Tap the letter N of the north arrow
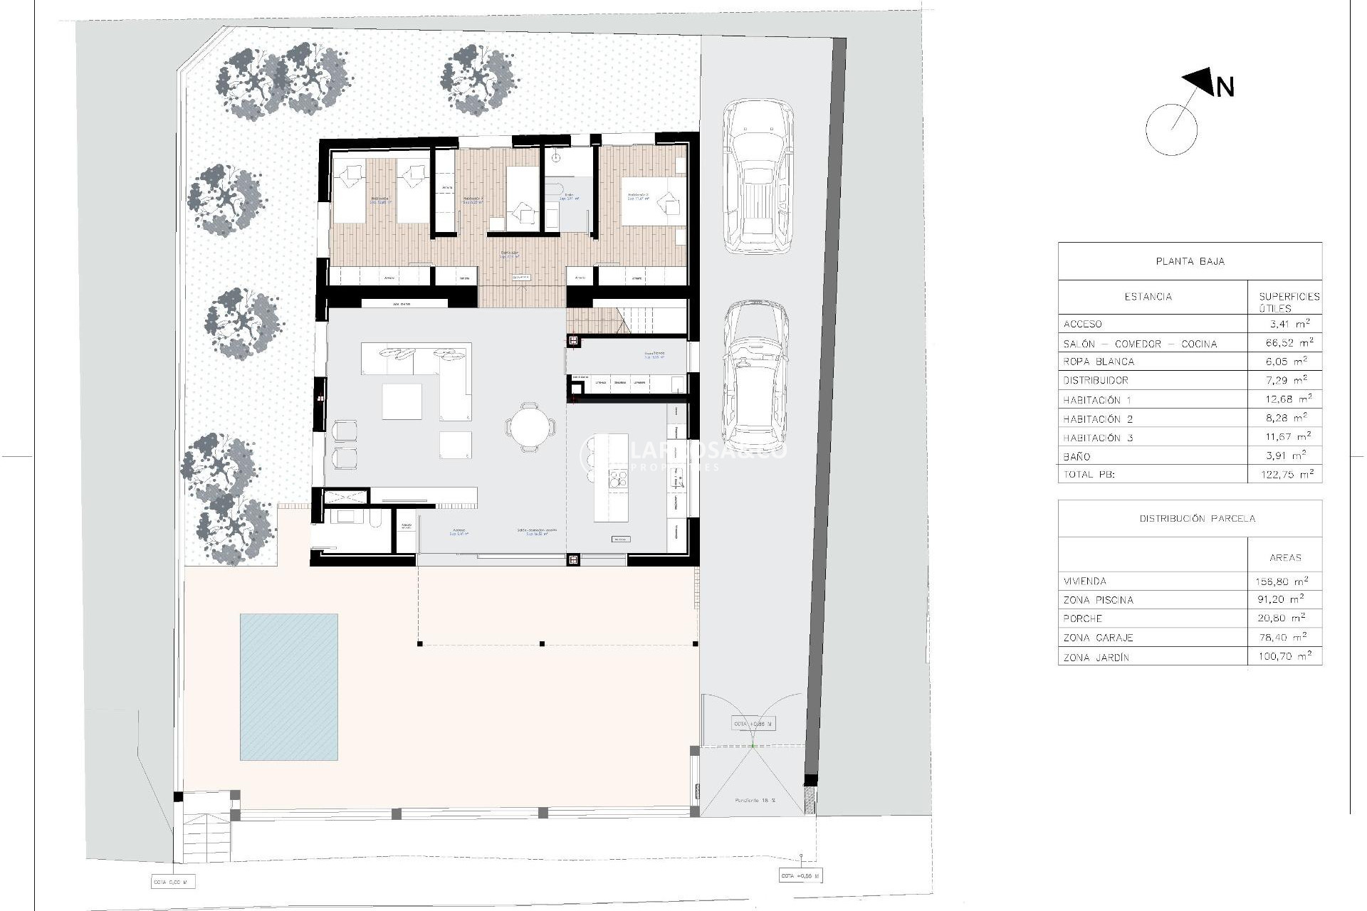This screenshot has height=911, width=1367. (x=1225, y=88)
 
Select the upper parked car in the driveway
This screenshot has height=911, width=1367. (x=758, y=177)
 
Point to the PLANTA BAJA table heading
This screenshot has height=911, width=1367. (x=1190, y=261)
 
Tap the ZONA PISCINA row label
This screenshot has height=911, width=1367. (x=1098, y=600)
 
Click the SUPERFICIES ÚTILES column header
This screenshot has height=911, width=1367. (x=1289, y=302)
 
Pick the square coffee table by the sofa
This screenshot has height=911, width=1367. (x=402, y=401)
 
